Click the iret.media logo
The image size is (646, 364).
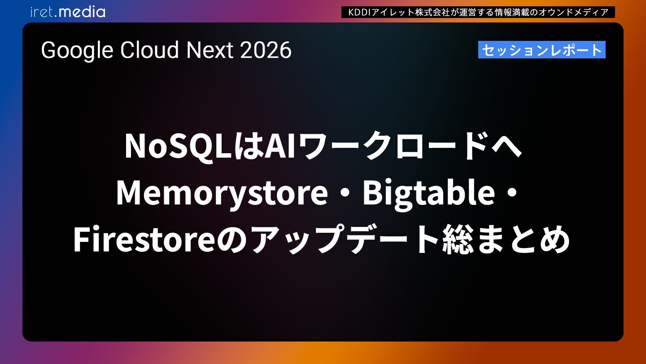tap(68, 12)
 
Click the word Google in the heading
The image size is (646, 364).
tap(77, 51)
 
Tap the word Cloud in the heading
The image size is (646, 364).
tap(149, 50)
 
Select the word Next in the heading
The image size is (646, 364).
tap(210, 50)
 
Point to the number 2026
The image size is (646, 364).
tap(266, 50)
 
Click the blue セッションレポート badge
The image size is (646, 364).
tap(541, 50)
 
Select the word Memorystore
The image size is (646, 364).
tap(222, 193)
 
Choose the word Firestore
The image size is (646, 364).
tap(144, 239)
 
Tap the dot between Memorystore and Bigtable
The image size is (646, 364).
tap(345, 193)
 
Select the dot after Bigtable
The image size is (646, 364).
tap(512, 193)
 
